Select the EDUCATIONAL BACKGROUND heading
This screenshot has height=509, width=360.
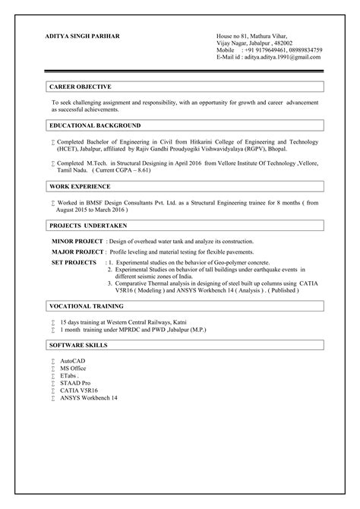94,125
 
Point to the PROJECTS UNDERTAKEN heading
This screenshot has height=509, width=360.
88,226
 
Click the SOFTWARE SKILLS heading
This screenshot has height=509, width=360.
78,345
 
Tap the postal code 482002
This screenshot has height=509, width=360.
292,44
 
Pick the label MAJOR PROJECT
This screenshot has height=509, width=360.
77,251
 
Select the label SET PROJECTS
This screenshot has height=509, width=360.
73,261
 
